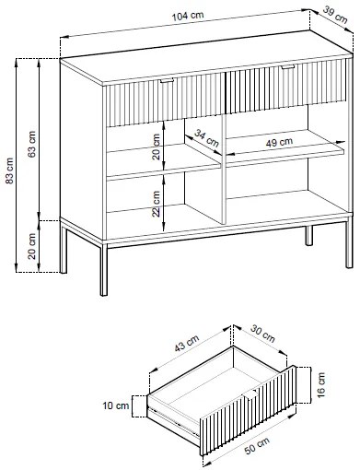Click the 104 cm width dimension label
pos(188,16)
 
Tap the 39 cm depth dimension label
pos(335,15)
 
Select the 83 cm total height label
pos(10,170)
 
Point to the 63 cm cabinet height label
pos(32,144)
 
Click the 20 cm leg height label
pos(32,246)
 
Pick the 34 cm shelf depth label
pos(207,138)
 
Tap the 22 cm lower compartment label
pos(156,204)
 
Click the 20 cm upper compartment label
pos(156,147)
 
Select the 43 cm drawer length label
pos(187,343)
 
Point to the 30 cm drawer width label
pos(262,334)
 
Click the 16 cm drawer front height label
pos(320,385)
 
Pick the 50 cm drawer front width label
pos(257,445)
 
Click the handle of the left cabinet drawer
pos(167,81)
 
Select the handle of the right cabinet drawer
pos(287,67)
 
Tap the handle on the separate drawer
pos(250,394)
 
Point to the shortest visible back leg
pos(309,235)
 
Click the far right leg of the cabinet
pos(349,242)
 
